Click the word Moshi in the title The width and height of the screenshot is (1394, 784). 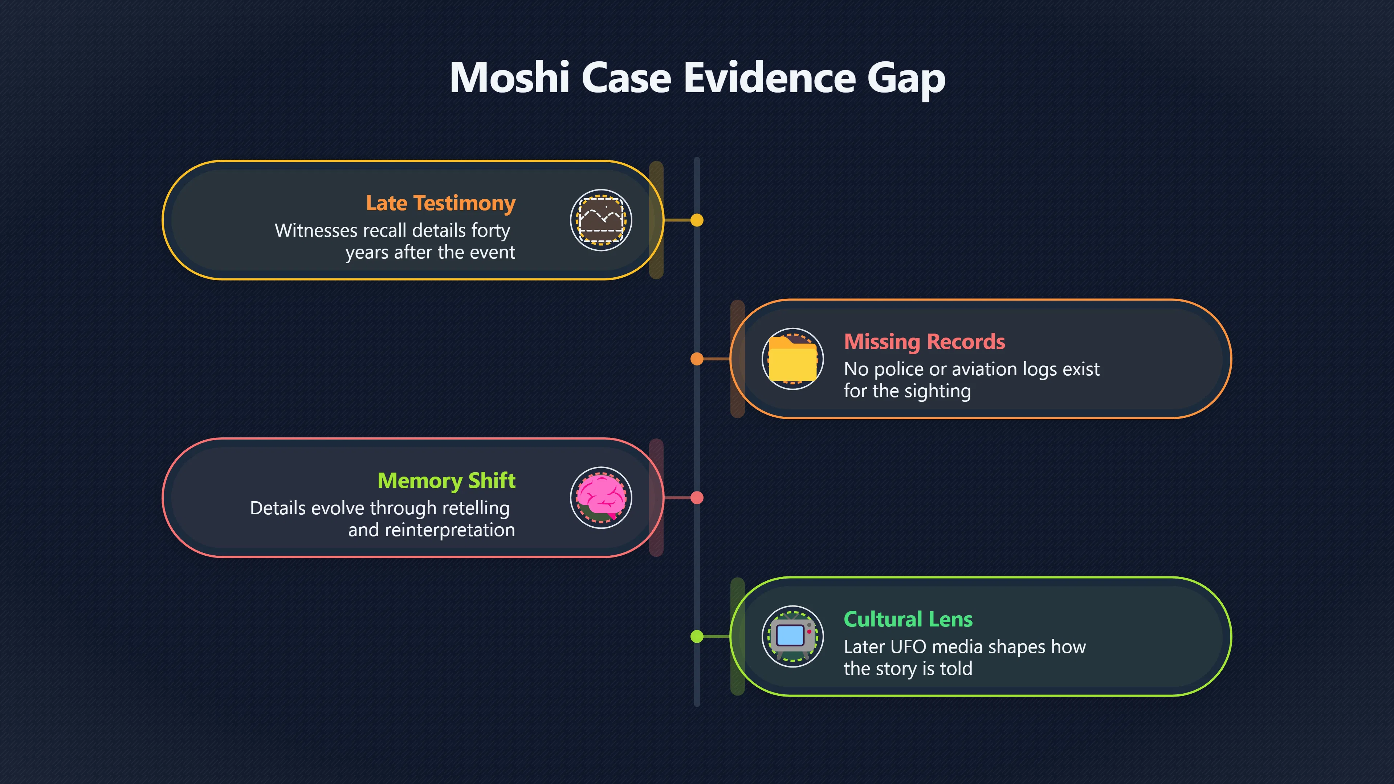[509, 77]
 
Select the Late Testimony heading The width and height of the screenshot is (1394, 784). [440, 203]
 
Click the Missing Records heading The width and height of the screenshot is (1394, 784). [924, 342]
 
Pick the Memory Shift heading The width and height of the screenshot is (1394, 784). [447, 481]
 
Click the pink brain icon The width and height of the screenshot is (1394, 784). [601, 497]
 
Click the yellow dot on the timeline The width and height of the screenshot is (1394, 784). [697, 220]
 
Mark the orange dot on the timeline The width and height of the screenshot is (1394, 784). [697, 359]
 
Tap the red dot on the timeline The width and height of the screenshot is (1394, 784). [697, 498]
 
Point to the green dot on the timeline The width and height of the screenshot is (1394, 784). [697, 636]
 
